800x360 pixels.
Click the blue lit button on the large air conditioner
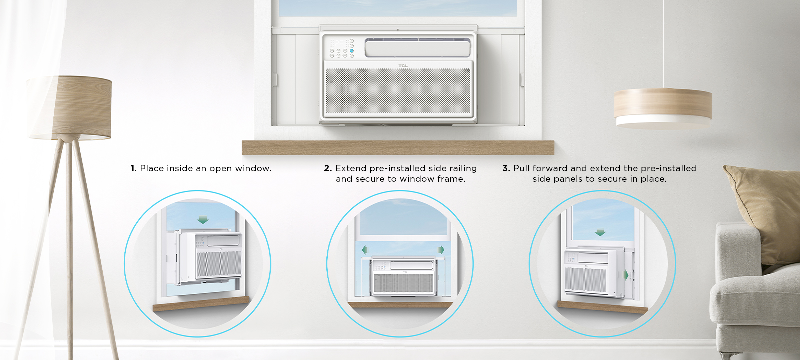click(352, 51)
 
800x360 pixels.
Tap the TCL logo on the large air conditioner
click(403, 66)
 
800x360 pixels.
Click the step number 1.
click(133, 168)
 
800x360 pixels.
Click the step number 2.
click(328, 168)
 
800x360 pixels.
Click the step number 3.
click(506, 168)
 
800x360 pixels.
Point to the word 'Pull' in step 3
click(522, 168)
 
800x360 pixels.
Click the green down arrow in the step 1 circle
click(203, 220)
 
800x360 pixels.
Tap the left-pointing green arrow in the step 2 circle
click(365, 249)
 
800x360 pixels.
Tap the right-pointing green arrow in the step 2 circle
click(441, 249)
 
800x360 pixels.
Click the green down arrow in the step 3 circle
click(600, 233)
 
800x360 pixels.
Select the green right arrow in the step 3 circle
click(626, 275)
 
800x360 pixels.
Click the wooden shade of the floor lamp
click(70, 107)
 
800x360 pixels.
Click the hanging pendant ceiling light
click(663, 108)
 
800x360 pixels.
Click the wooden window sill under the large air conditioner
click(398, 148)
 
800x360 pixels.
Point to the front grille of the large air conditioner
click(398, 91)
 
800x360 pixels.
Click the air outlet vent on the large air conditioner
click(417, 48)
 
